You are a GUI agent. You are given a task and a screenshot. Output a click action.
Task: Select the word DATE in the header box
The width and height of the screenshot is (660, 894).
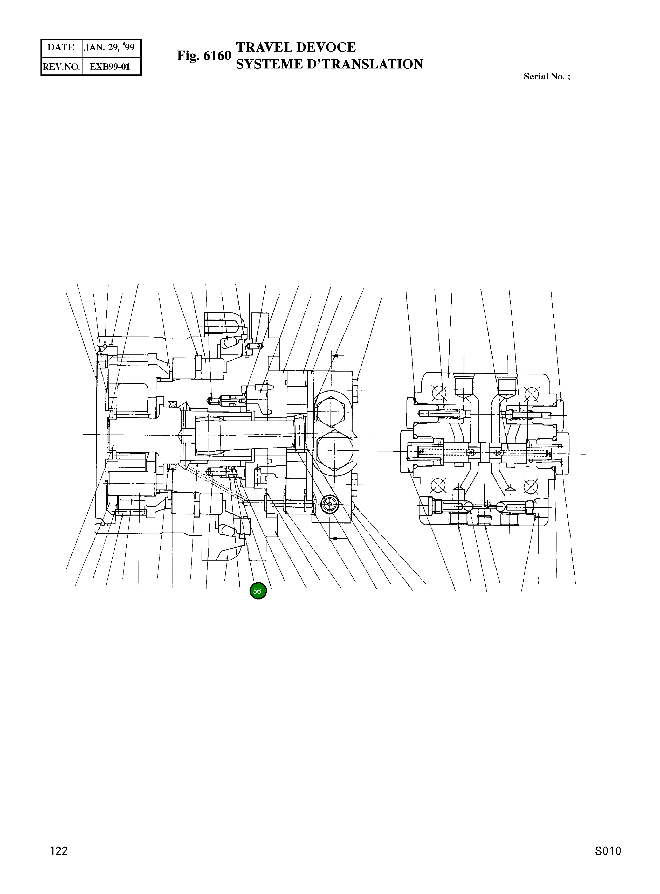pyautogui.click(x=61, y=47)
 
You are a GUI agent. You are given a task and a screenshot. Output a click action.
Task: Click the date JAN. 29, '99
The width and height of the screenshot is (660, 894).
pyautogui.click(x=109, y=47)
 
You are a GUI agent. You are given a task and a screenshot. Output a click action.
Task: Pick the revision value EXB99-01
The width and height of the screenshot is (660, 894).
pyautogui.click(x=110, y=67)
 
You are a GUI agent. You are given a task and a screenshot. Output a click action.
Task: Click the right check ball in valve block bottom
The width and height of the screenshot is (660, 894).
pyautogui.click(x=501, y=506)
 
